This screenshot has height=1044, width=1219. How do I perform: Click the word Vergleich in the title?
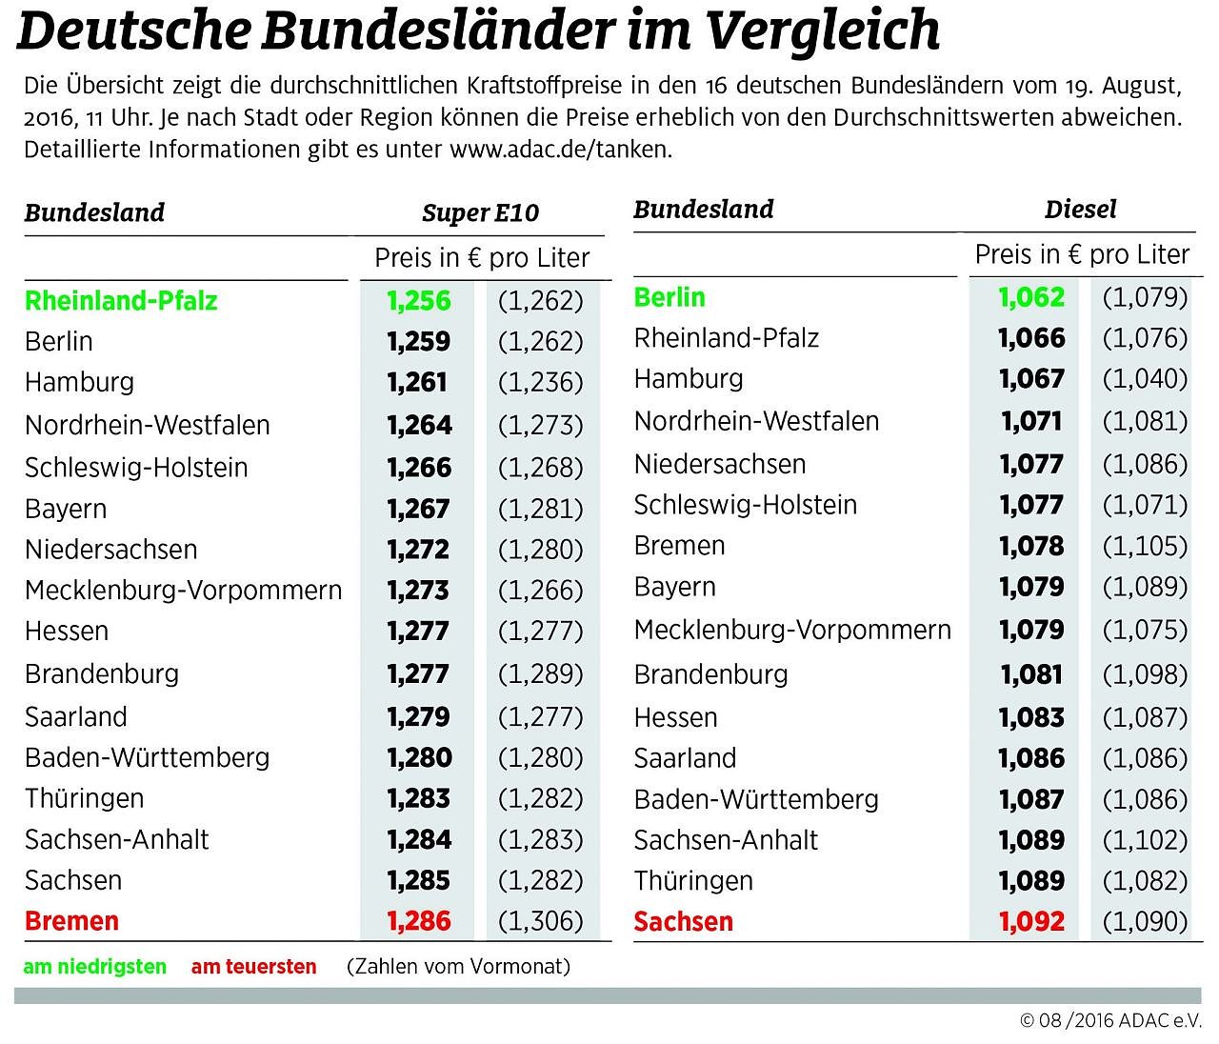(x=824, y=31)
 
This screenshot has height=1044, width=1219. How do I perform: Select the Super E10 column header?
(x=480, y=212)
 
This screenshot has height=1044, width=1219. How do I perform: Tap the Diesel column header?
(x=1080, y=209)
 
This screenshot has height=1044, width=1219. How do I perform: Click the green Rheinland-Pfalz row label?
(x=121, y=301)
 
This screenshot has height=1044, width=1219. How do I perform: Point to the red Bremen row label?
(x=71, y=921)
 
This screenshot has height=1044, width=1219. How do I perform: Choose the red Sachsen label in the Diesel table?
(x=683, y=921)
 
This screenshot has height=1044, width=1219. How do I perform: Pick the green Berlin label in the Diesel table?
(x=669, y=297)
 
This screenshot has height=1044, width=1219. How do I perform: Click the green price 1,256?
(x=418, y=301)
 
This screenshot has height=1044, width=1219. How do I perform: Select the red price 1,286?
(x=418, y=921)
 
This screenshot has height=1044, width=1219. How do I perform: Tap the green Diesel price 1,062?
(x=1030, y=297)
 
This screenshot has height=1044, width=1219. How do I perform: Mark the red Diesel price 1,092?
(x=1030, y=921)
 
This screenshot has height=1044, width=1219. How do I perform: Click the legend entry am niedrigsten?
(x=94, y=967)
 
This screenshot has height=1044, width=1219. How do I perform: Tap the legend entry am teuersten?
(x=253, y=967)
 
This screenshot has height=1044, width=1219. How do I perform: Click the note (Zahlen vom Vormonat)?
(x=458, y=967)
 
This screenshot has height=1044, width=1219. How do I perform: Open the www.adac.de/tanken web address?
(x=560, y=151)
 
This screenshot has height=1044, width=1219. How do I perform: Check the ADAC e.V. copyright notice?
(x=1109, y=1020)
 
